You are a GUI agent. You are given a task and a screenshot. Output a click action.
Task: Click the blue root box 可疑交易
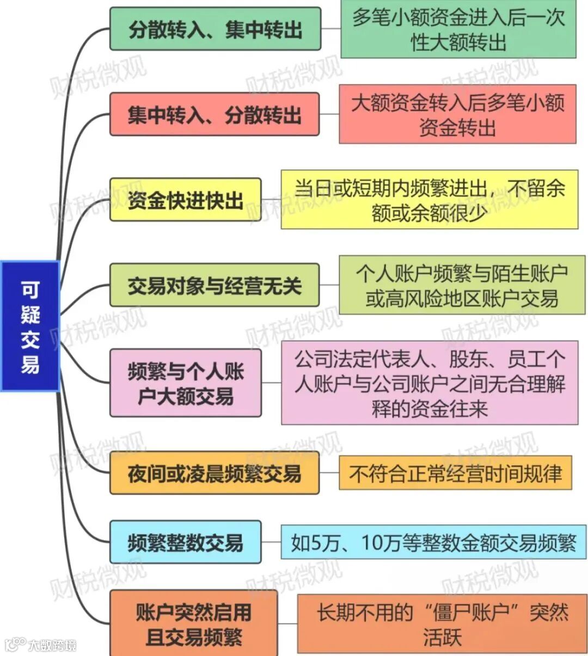pos(30,326)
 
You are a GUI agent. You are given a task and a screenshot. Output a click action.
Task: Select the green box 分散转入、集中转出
pos(215,29)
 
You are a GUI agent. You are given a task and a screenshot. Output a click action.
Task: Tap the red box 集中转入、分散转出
pos(215,114)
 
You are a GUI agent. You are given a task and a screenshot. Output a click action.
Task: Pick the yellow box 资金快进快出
pos(185,200)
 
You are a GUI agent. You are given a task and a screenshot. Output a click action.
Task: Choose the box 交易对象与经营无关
pos(215,285)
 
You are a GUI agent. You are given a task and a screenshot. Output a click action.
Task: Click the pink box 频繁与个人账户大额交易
pos(185,383)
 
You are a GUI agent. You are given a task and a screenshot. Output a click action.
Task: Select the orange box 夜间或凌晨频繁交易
pos(215,473)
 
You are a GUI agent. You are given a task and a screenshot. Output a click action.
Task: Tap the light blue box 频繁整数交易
pos(185,542)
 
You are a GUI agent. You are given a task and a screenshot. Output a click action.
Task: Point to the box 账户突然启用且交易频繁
pos(193,624)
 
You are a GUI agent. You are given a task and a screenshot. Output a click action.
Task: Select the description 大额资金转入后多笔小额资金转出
pos(457,114)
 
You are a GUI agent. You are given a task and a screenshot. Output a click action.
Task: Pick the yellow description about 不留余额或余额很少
pos(429,200)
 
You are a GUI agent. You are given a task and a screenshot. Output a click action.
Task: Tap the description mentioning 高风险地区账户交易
pos(458,285)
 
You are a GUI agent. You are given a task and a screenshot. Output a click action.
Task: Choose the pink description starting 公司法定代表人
pos(429,383)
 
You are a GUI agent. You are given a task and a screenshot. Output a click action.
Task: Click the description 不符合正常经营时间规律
pos(455,473)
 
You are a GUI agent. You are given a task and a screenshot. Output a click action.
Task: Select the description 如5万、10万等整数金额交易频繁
pos(433,542)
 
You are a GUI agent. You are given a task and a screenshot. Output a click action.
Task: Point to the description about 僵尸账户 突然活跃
pos(442,624)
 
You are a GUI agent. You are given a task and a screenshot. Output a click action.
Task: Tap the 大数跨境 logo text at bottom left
pos(52,645)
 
